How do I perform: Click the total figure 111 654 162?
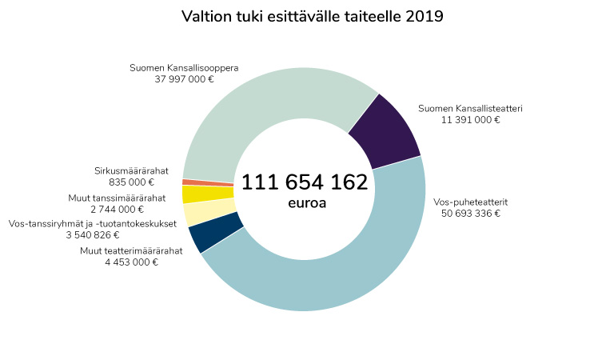305,182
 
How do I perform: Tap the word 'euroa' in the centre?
307,203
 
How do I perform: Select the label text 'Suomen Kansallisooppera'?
184,68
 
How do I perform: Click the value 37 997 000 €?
184,79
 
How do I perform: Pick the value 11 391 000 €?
470,120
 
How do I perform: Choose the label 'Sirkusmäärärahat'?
131,170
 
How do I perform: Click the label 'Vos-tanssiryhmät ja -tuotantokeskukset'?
93,223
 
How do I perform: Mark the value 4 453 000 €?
131,262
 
